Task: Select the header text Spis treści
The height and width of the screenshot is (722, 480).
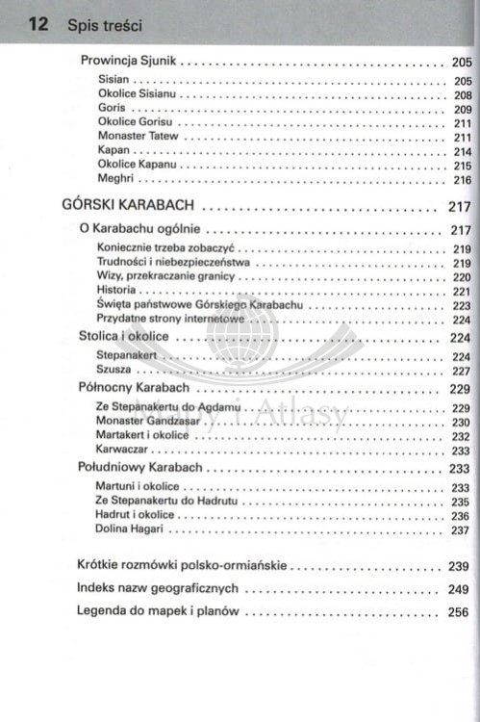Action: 105,26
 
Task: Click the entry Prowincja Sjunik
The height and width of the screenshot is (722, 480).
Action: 128,61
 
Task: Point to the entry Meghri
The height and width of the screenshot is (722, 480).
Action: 115,179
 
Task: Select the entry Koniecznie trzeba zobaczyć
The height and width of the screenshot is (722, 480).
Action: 165,248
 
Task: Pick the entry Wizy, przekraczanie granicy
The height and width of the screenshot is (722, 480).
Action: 165,276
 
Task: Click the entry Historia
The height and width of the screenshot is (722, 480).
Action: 116,291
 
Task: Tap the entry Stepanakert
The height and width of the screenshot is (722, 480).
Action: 127,356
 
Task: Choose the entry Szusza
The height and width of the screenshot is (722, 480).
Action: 114,371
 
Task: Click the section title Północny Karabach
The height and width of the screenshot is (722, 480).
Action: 133,388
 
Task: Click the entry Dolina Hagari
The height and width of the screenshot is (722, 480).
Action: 130,529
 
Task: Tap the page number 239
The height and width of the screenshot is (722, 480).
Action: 458,566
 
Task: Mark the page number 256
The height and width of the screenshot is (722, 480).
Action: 458,611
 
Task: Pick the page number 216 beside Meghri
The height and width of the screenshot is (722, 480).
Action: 462,179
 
